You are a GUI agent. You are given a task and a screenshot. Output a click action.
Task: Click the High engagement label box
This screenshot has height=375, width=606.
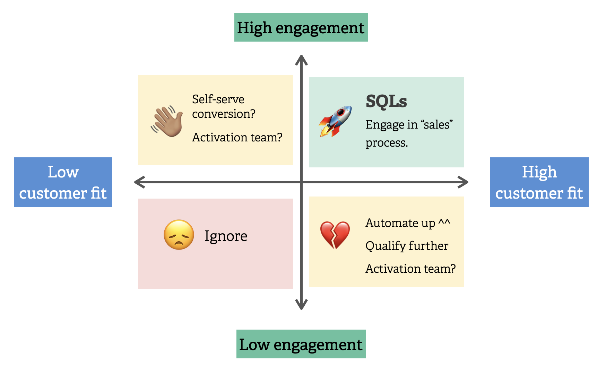(301, 28)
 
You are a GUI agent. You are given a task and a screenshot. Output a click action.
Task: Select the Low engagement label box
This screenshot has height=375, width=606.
(301, 344)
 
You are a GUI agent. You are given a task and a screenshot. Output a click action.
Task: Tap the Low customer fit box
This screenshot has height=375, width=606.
(63, 182)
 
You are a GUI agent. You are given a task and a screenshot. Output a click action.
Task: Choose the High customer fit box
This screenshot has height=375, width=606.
(539, 182)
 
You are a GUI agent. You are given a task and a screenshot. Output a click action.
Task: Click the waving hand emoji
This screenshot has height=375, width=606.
(167, 121)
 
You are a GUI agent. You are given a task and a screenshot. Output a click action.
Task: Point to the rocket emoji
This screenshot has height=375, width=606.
(335, 121)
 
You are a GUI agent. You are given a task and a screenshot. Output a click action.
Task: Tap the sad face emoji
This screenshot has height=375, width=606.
(179, 235)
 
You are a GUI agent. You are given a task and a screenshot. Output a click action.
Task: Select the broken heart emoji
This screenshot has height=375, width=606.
(335, 235)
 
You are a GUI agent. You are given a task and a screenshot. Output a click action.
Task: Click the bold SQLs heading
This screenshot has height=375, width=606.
(386, 102)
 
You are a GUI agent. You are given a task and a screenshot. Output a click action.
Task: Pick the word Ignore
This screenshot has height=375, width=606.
(226, 236)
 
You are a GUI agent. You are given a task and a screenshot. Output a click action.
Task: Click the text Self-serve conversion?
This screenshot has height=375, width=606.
(223, 106)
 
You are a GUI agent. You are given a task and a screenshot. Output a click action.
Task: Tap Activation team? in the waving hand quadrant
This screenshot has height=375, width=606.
(237, 138)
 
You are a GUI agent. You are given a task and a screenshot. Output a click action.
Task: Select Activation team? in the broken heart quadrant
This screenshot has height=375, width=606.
(410, 269)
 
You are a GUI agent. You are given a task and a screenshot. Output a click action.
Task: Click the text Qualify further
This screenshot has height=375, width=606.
(407, 246)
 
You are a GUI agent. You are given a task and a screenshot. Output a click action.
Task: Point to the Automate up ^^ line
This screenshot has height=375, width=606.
(408, 223)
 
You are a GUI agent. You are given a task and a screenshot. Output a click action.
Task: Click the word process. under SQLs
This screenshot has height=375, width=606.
(387, 143)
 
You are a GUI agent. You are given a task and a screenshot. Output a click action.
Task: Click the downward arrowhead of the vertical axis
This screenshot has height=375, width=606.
(301, 305)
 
